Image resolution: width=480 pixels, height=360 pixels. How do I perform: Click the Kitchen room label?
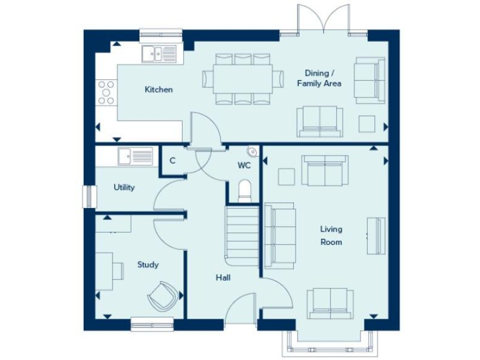pyautogui.click(x=159, y=90)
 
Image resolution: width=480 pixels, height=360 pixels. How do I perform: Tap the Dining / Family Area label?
pyautogui.click(x=319, y=77)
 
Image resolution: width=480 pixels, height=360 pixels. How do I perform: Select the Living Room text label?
pyautogui.click(x=331, y=236)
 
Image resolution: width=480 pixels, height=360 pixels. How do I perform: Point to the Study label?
pyautogui.click(x=147, y=264)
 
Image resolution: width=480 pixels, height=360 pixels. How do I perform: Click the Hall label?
pyautogui.click(x=223, y=277)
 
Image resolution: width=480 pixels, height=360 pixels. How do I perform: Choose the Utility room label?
pyautogui.click(x=124, y=187)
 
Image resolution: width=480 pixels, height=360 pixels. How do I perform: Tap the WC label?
pyautogui.click(x=244, y=166)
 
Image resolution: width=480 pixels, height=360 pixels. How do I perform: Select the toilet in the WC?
pyautogui.click(x=244, y=190)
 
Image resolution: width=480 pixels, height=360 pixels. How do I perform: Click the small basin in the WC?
pyautogui.click(x=252, y=151)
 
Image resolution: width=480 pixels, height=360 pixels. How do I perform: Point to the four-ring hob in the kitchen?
pyautogui.click(x=106, y=92)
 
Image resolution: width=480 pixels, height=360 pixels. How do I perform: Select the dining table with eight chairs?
pyautogui.click(x=242, y=79)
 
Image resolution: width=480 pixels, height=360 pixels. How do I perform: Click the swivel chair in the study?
pyautogui.click(x=163, y=295)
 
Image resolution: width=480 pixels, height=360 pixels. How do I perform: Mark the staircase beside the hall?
pyautogui.click(x=242, y=236)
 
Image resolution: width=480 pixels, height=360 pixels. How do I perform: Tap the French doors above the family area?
pyautogui.click(x=324, y=19)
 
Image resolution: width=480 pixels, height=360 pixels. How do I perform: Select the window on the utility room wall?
pyautogui.click(x=88, y=196)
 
